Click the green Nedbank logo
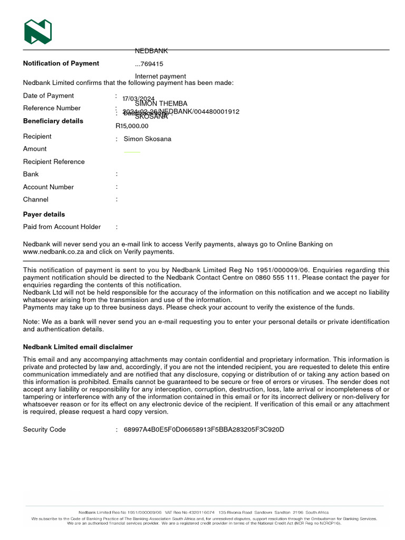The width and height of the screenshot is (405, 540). coord(38,32)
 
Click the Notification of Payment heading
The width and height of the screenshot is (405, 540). coord(61,63)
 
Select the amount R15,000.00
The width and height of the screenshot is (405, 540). coord(132,126)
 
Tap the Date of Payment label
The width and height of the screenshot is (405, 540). coord(49,95)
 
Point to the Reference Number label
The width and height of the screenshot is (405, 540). coord(52,108)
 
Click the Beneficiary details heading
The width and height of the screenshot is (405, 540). coord(53,121)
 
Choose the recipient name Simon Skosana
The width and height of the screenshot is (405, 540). coord(147,139)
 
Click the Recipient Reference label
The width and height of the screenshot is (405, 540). coord(54,161)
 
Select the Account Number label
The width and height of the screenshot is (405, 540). coord(49,187)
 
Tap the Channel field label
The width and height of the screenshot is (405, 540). coord(36,199)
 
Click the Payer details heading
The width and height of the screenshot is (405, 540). coord(44,214)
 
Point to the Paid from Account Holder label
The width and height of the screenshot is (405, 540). coord(62,227)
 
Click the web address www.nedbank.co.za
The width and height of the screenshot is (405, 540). coord(53,252)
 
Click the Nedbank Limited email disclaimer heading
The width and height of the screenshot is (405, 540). coord(78,347)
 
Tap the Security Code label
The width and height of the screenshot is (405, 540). coord(44,429)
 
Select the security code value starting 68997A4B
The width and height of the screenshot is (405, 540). coord(204,429)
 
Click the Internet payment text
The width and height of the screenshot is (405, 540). coord(160,76)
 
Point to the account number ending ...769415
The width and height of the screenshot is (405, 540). coord(149,64)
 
